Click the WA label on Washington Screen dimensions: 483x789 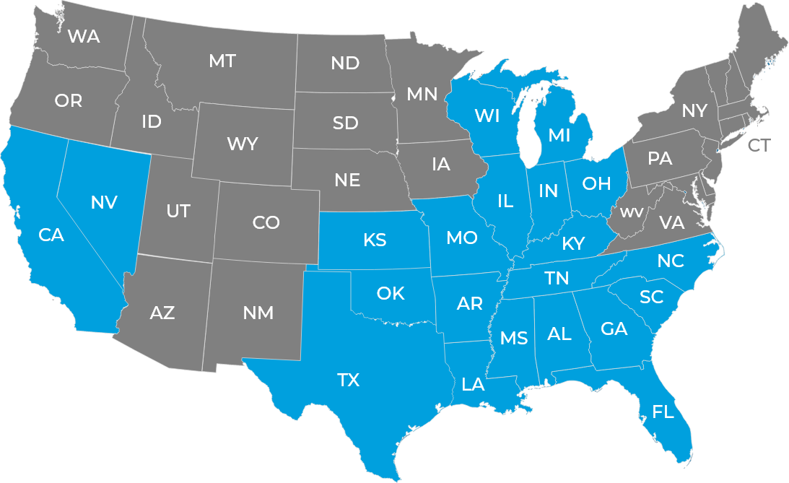coord(84,37)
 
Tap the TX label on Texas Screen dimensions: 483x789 coord(348,380)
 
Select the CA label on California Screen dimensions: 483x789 coord(51,235)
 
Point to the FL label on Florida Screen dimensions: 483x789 coord(663,412)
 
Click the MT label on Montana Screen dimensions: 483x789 coord(222,61)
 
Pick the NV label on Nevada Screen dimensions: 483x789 coord(104,203)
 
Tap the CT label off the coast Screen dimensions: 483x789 coord(759,146)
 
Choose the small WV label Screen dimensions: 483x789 coord(632,212)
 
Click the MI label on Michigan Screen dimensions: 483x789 coord(559,135)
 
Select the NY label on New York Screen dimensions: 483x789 coord(694,110)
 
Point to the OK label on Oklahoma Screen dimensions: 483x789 coord(391,293)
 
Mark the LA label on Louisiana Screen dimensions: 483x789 coord(473,384)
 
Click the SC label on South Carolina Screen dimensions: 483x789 coord(652,297)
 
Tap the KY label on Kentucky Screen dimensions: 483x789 coord(573,244)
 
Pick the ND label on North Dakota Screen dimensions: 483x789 coord(345,63)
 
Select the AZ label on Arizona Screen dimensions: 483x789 coord(162,313)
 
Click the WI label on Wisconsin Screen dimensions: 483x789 coord(487,116)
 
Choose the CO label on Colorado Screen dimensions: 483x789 coord(266,223)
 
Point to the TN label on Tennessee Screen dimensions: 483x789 coord(557,278)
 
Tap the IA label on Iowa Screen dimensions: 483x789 coord(441,164)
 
